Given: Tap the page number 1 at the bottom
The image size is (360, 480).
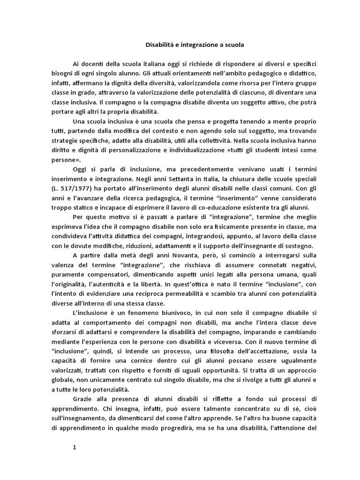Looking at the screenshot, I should [74, 447].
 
